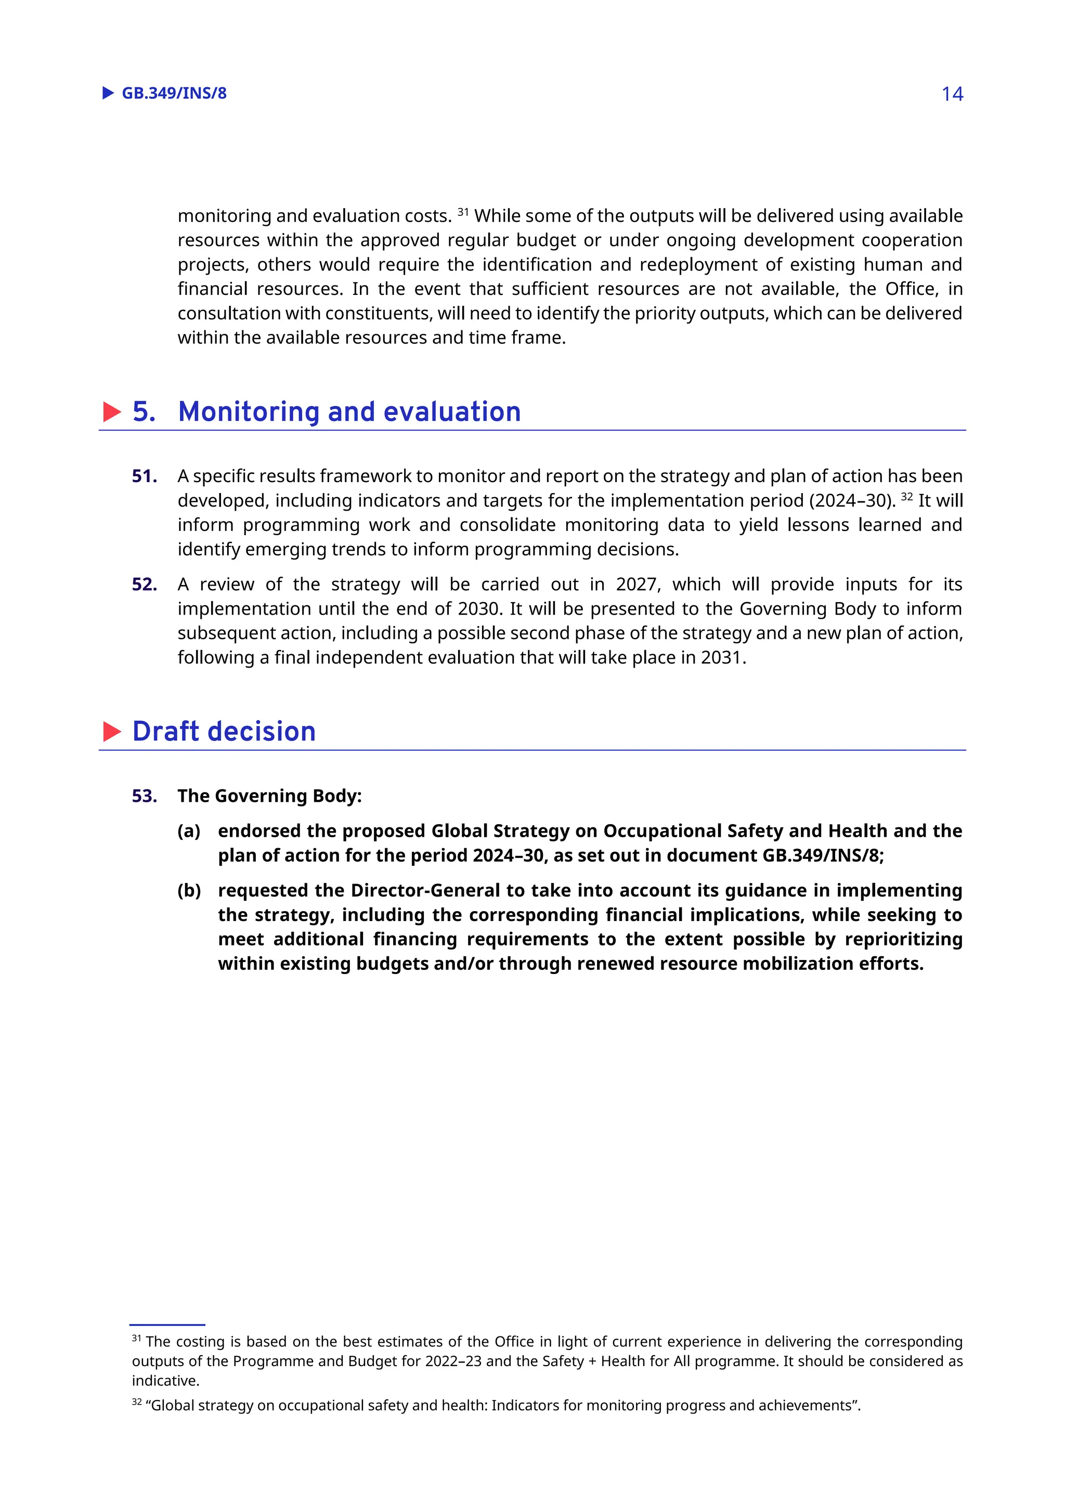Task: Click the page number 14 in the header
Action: (x=952, y=94)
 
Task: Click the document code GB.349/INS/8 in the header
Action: (x=174, y=93)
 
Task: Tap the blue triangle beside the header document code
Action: (x=108, y=93)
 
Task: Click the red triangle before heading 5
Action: (x=112, y=412)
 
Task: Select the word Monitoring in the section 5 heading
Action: (x=249, y=412)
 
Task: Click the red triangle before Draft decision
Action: (x=112, y=731)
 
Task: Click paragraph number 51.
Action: (x=144, y=476)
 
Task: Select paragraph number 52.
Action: (x=144, y=585)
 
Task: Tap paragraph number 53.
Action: (x=144, y=796)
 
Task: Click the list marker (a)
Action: (x=189, y=831)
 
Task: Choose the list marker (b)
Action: (x=189, y=891)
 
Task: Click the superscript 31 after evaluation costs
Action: (x=463, y=212)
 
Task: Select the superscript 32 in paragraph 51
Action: (x=906, y=497)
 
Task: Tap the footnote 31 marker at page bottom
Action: (x=136, y=1338)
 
